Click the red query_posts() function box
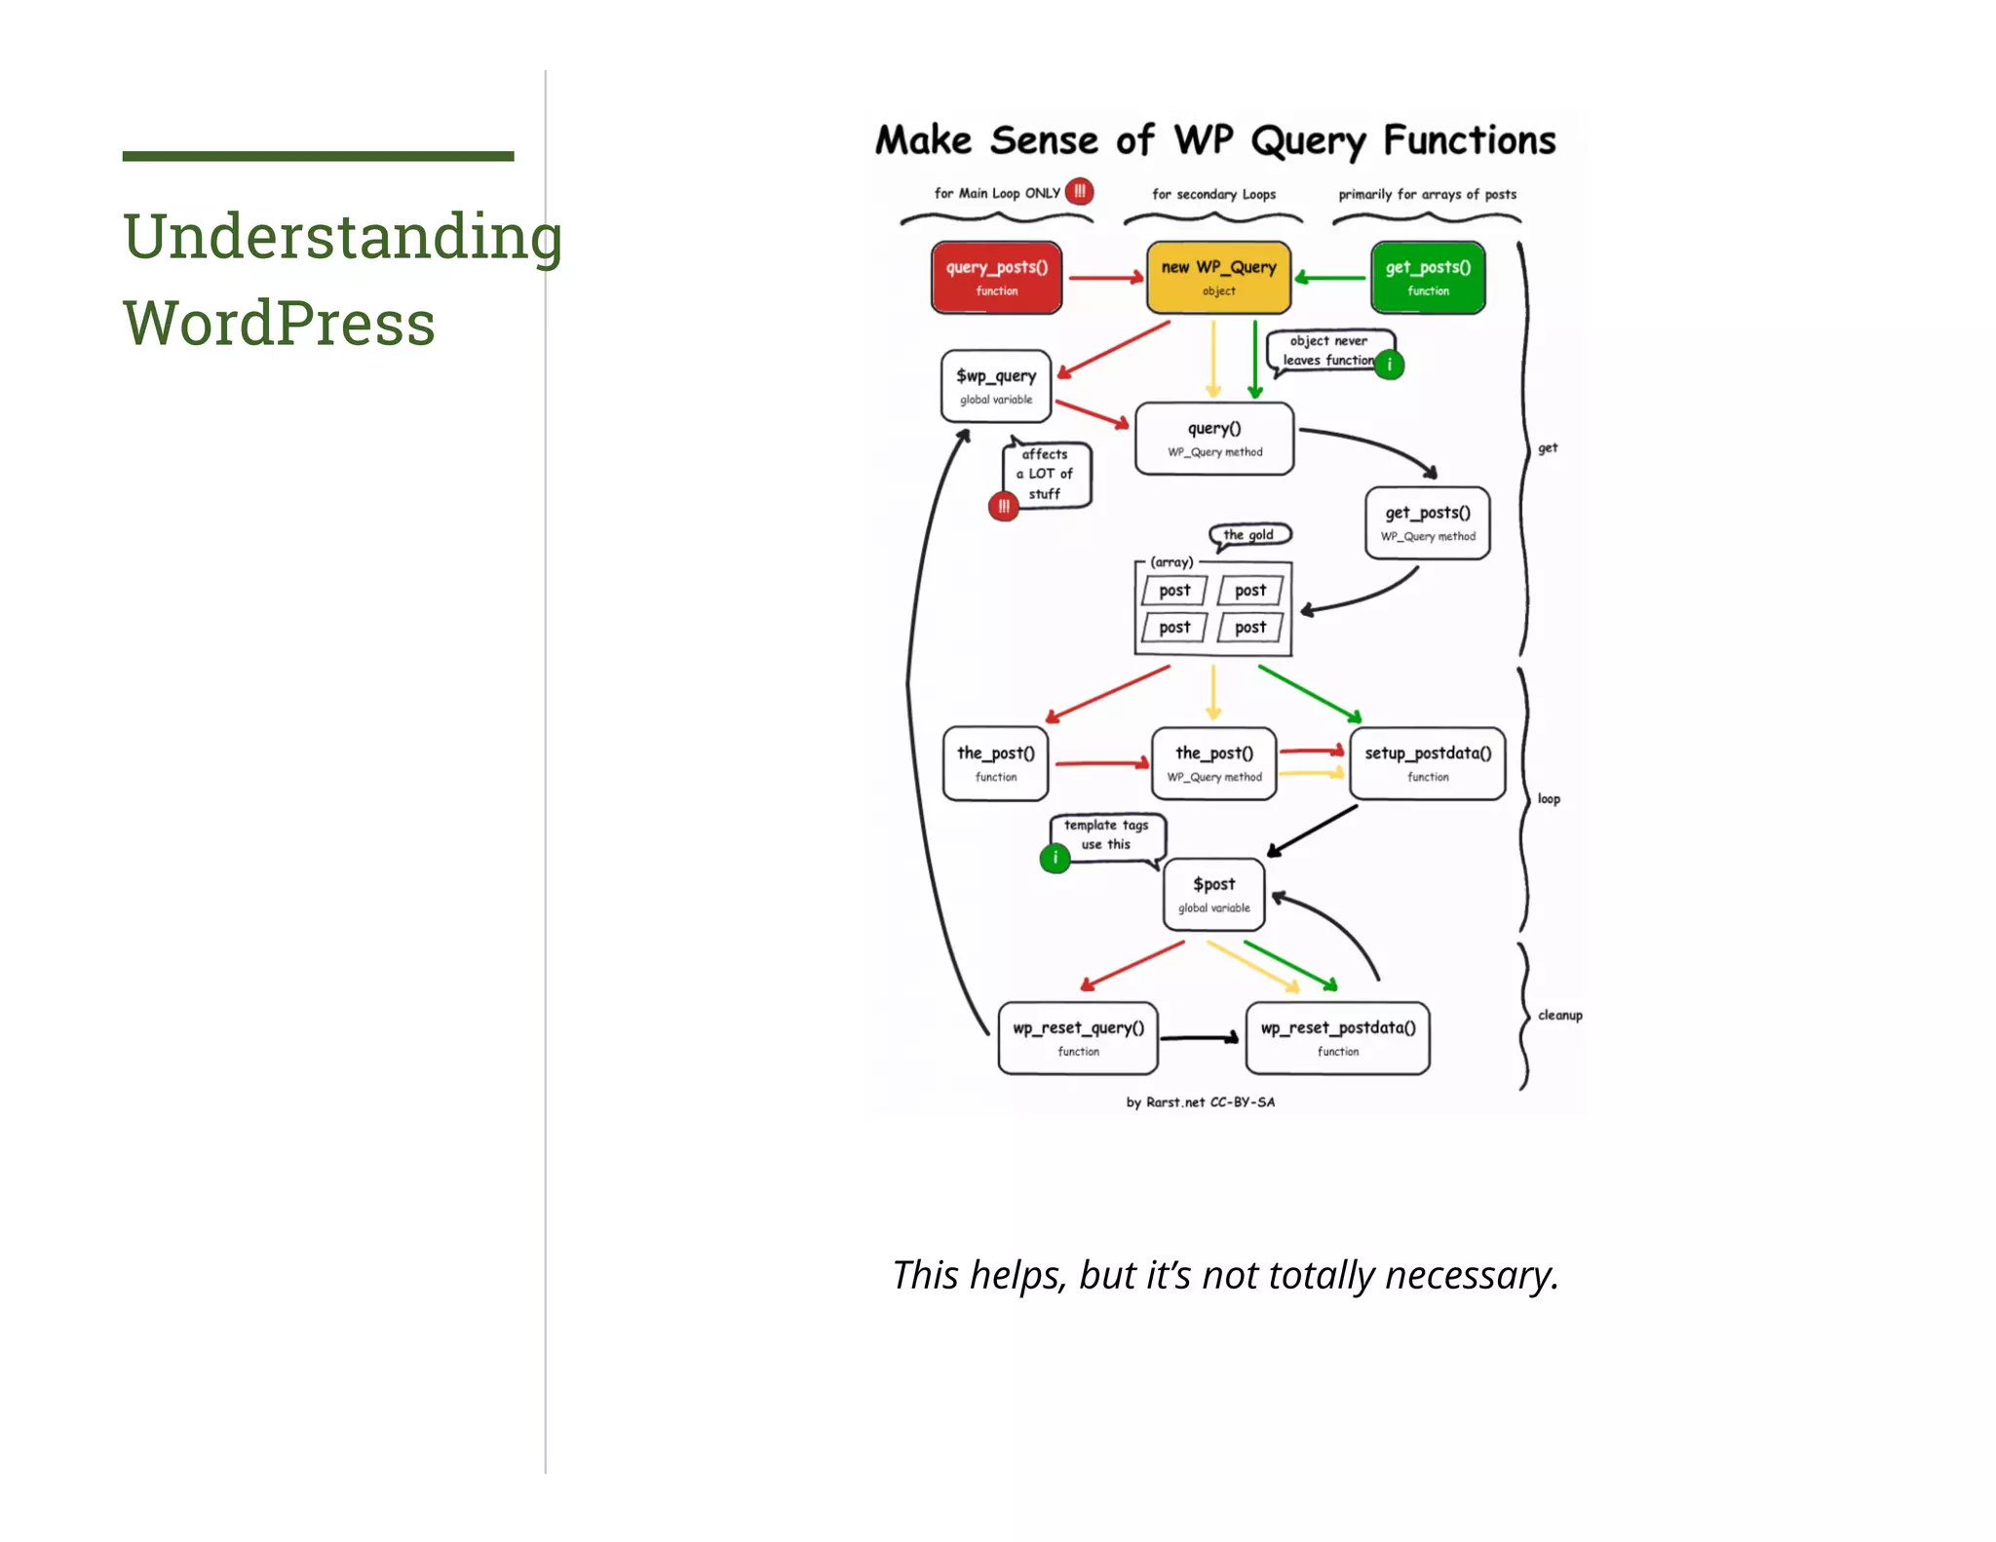[996, 278]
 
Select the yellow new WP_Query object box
[1218, 278]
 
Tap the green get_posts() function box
[1428, 278]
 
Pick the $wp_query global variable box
[995, 386]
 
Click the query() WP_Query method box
[1214, 439]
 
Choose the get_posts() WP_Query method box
[1428, 523]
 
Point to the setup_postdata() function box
[1428, 763]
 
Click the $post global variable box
[1213, 894]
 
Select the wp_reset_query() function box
[1078, 1038]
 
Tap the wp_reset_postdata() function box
[1338, 1038]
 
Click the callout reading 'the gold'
[1249, 534]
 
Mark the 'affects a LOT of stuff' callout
[1046, 474]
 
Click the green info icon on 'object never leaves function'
[1389, 366]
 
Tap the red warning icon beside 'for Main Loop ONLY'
[1079, 192]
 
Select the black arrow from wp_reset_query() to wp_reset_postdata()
[1200, 1038]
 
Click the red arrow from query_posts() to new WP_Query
[1105, 278]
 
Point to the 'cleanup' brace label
[1559, 1015]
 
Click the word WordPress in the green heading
[279, 323]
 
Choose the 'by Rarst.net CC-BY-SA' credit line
[1200, 1102]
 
